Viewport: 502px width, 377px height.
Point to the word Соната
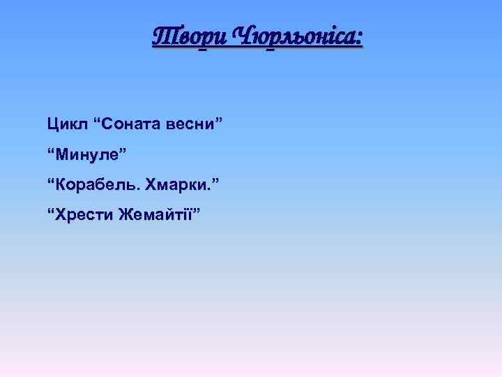132,124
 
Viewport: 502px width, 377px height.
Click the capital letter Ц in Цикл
53,124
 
